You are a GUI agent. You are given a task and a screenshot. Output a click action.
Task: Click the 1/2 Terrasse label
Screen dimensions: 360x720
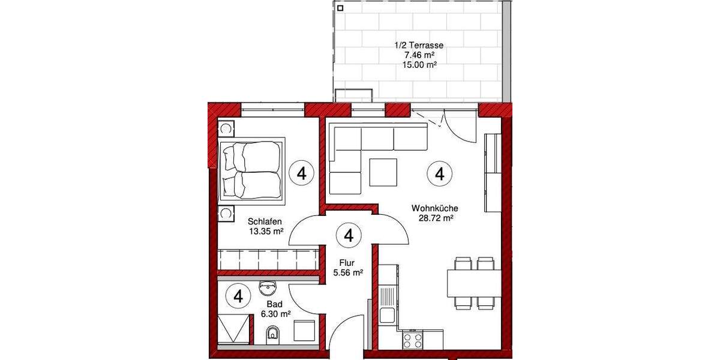click(418, 45)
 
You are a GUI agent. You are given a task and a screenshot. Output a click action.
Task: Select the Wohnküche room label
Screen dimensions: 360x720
click(431, 208)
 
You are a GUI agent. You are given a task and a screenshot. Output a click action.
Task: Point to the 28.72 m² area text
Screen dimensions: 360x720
click(435, 218)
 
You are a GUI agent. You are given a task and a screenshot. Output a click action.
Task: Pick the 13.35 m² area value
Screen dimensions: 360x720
click(266, 230)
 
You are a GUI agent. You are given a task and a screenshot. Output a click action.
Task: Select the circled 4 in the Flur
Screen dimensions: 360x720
click(349, 235)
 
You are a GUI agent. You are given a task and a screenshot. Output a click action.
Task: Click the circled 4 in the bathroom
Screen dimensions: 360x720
click(239, 296)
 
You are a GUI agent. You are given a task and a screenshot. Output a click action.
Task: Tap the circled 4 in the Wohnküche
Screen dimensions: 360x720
click(439, 174)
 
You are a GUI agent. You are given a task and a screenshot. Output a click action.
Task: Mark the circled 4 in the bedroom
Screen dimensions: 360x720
click(301, 173)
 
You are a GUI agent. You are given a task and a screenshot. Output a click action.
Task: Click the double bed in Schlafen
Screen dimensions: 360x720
click(251, 170)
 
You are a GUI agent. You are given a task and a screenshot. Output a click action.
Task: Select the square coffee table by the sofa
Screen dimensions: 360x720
click(383, 172)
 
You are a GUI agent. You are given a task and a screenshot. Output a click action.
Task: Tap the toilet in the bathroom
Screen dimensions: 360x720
click(273, 334)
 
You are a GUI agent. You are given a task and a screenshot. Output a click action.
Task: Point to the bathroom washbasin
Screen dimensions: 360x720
click(267, 288)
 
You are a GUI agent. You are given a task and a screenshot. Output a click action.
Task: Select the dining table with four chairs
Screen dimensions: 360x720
click(474, 283)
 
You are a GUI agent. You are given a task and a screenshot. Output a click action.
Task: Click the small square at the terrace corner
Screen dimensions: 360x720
click(340, 8)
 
